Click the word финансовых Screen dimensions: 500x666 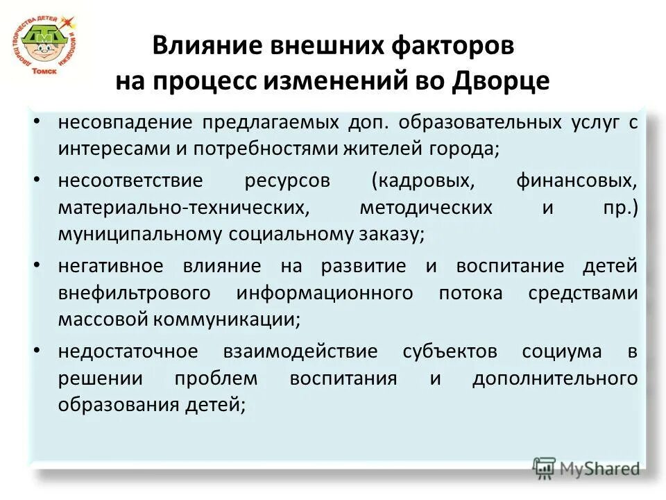[x=576, y=181]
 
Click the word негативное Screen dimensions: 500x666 [x=111, y=267]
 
